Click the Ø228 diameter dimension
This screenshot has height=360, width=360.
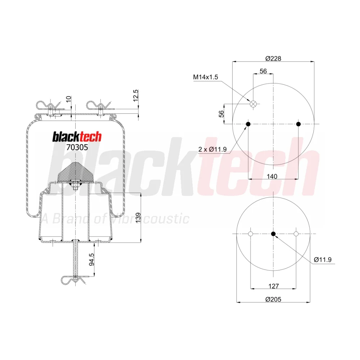click(x=273, y=59)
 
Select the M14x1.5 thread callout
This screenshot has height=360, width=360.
click(x=206, y=77)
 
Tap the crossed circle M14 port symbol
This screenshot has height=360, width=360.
click(x=253, y=104)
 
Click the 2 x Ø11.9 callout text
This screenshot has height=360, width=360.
click(x=212, y=149)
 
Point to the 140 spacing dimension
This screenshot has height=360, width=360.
click(x=272, y=176)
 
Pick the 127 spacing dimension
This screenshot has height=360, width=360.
click(x=274, y=286)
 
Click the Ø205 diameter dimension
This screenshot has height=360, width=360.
click(x=273, y=300)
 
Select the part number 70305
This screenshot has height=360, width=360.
click(x=77, y=147)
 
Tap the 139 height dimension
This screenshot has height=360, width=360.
click(x=138, y=218)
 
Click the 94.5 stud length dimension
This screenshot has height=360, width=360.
click(x=91, y=260)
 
